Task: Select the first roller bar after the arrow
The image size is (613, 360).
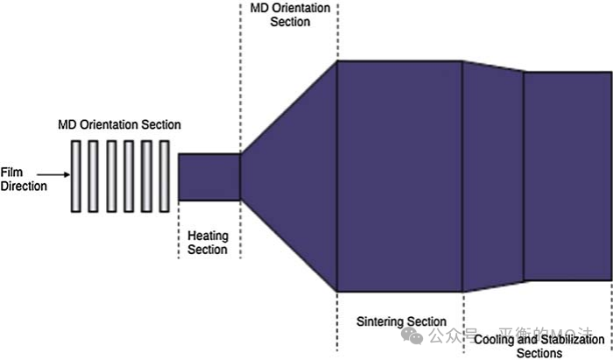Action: (77, 176)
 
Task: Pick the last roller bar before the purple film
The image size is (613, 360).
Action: (165, 176)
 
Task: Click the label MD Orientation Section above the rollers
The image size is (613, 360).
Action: (120, 124)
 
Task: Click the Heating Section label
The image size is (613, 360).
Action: (208, 243)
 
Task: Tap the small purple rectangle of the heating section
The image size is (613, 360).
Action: (208, 178)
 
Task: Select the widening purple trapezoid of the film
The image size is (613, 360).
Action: (289, 175)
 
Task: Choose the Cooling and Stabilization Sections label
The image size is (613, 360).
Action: (539, 346)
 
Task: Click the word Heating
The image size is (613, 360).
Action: (208, 236)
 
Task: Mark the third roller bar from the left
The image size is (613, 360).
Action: (112, 176)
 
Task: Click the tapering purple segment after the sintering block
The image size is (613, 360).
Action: (492, 175)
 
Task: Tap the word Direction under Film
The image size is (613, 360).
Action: (24, 185)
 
